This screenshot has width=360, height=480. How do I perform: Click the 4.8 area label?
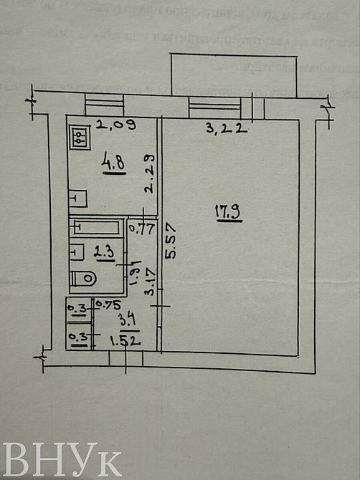point(113,164)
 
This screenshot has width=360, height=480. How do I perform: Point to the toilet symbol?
point(84,278)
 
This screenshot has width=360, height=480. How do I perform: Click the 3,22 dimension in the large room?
point(217,129)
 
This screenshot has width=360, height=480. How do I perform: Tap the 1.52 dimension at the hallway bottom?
point(125,342)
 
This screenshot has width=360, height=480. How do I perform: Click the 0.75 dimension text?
point(107,304)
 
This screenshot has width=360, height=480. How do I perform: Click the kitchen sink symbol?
point(77,196)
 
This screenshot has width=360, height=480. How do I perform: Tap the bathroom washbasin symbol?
point(77,251)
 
